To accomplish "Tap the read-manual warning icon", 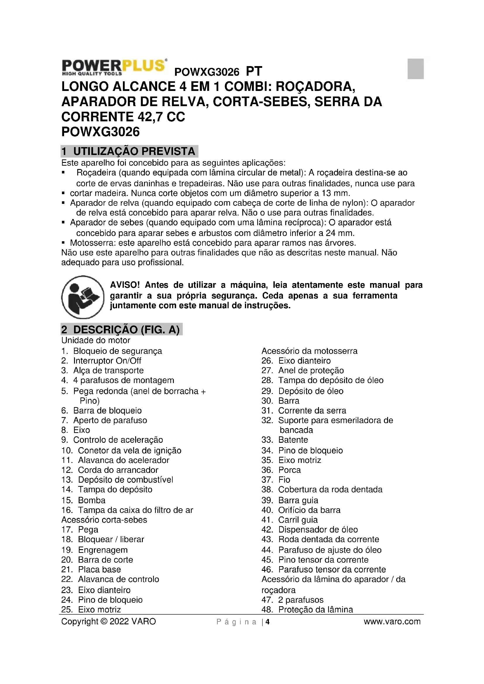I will pos(83,297).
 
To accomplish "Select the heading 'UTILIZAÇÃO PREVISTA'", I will pos(134,151).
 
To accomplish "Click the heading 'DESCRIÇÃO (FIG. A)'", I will pos(126,330).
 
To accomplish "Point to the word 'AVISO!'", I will pos(125,285).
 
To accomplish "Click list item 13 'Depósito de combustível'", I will pos(125,480).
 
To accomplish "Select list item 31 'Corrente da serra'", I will pos(312,411).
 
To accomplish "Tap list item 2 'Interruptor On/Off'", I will pos(107,361).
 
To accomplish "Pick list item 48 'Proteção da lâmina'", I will pos(315,609).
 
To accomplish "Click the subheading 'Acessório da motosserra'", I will pos(309,351).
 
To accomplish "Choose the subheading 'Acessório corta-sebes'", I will pos(104,520).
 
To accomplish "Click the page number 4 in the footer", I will pos(268,622).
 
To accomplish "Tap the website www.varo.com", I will pos(392,621).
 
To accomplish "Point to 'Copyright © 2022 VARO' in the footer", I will pos(109,621).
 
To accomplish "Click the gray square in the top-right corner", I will pos(416,68).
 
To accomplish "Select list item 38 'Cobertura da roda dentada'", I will pos(330,490).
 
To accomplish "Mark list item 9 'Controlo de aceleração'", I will pos(118,440).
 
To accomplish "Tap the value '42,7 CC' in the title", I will pos(161,117).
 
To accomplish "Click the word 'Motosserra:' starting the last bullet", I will pos(93,243).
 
